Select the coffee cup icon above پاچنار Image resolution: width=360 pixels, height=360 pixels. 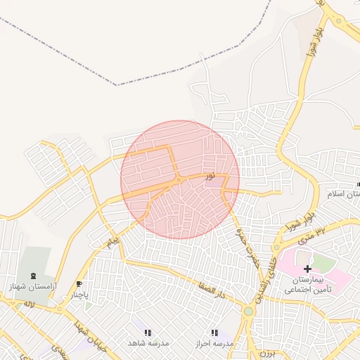pyautogui.click(x=78, y=284)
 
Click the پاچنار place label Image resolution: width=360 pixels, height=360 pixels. pyautogui.click(x=80, y=295)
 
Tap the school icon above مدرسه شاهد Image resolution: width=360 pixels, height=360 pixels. pyautogui.click(x=148, y=332)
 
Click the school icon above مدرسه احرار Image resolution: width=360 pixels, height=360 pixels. pyautogui.click(x=214, y=332)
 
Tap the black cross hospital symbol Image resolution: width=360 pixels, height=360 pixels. pyautogui.click(x=307, y=269)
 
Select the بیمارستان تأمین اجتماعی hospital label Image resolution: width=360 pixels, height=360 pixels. pyautogui.click(x=308, y=284)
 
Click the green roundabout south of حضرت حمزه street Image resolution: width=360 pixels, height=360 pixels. pyautogui.click(x=247, y=311)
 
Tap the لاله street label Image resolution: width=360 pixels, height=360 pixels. pyautogui.click(x=29, y=304)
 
